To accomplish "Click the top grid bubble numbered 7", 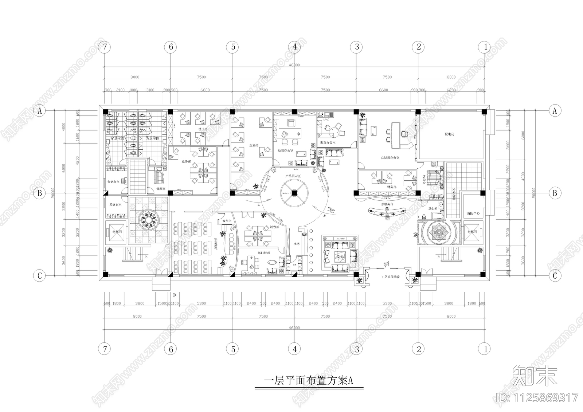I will [105, 47].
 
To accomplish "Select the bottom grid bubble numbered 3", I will [357, 349].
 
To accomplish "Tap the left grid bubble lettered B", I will [40, 193].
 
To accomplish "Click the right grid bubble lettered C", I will [555, 276].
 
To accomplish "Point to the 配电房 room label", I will [449, 134].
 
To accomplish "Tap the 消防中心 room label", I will [473, 213].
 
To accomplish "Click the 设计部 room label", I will [203, 129].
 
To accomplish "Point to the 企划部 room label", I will [253, 145].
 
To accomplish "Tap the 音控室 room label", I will [222, 221].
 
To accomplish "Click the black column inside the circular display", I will [294, 193].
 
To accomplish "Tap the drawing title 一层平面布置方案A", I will [308, 381].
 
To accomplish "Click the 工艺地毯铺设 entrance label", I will [391, 277].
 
